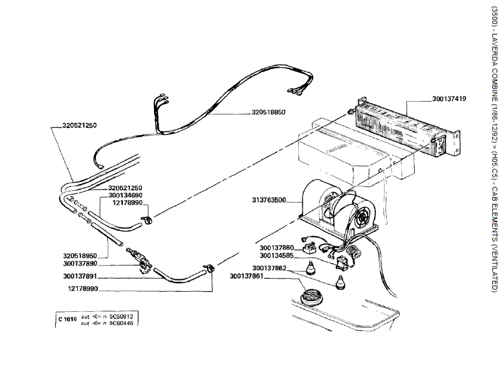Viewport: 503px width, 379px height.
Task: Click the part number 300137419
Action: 449,99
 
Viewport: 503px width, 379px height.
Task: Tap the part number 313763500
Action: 269,200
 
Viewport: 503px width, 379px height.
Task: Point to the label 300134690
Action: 126,196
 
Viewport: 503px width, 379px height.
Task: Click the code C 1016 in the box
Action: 67,319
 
